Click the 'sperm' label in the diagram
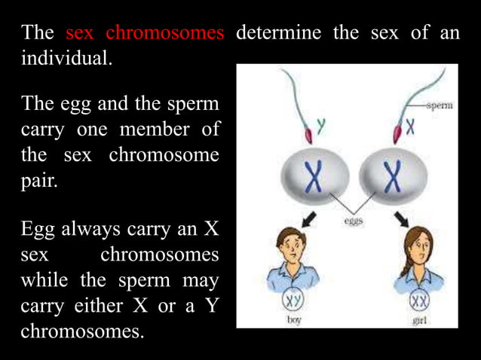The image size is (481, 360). (440, 106)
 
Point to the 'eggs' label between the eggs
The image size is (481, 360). (354, 221)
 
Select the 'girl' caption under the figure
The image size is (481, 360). (421, 320)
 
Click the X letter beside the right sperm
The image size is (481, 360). (410, 127)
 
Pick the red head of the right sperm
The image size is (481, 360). (394, 133)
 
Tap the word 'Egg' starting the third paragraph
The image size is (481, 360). (39, 229)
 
